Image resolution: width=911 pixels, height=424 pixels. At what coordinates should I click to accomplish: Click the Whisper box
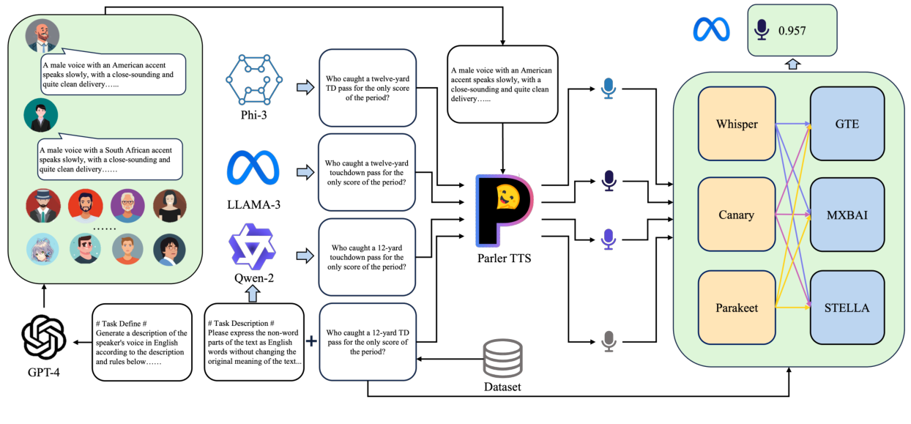737,124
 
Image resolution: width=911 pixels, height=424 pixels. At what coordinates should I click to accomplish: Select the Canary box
737,215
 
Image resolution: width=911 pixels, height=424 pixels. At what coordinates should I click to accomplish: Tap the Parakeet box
737,308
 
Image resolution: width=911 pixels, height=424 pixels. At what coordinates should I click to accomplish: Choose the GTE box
847,124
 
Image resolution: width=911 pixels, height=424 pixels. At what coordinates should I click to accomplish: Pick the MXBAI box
847,215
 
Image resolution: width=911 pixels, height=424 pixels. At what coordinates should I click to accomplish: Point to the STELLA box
847,308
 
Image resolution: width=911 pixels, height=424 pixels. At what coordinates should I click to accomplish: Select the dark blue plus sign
311,341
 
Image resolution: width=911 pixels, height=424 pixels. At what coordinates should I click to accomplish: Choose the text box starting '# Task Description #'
253,342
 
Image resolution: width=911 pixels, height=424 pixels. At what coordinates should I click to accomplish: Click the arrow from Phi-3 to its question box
303,88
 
